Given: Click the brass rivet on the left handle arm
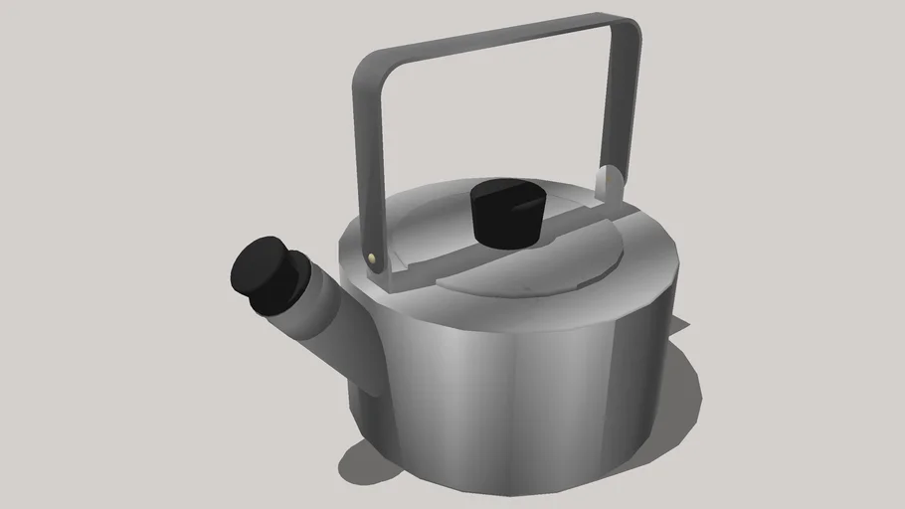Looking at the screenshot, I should [x=372, y=258].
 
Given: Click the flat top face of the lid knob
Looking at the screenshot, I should [x=508, y=192].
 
